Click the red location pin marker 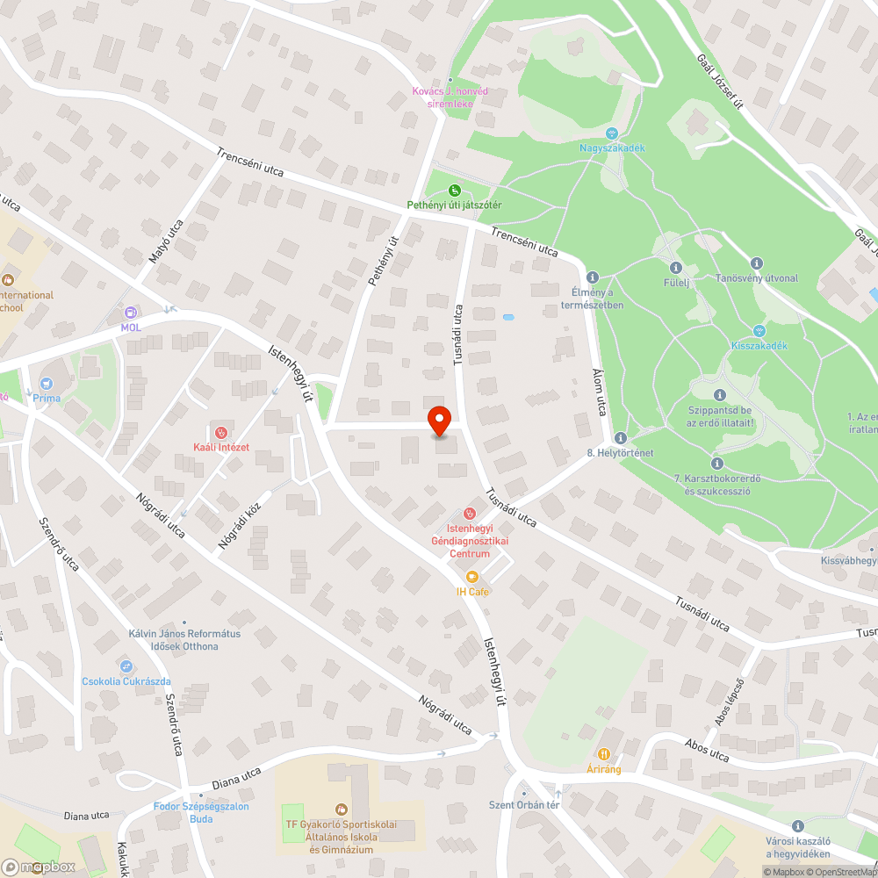(439, 421)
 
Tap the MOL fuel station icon (131, 313)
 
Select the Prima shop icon (47, 384)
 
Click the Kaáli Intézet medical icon (221, 432)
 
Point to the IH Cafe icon (471, 577)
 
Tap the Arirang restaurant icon (604, 754)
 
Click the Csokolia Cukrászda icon (126, 666)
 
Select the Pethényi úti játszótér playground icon (454, 190)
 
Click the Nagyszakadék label (612, 148)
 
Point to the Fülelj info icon (675, 268)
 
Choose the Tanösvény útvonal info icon (757, 263)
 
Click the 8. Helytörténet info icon (620, 437)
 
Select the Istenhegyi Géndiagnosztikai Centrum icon (469, 513)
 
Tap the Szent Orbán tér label (524, 805)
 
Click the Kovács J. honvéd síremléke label (450, 97)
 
